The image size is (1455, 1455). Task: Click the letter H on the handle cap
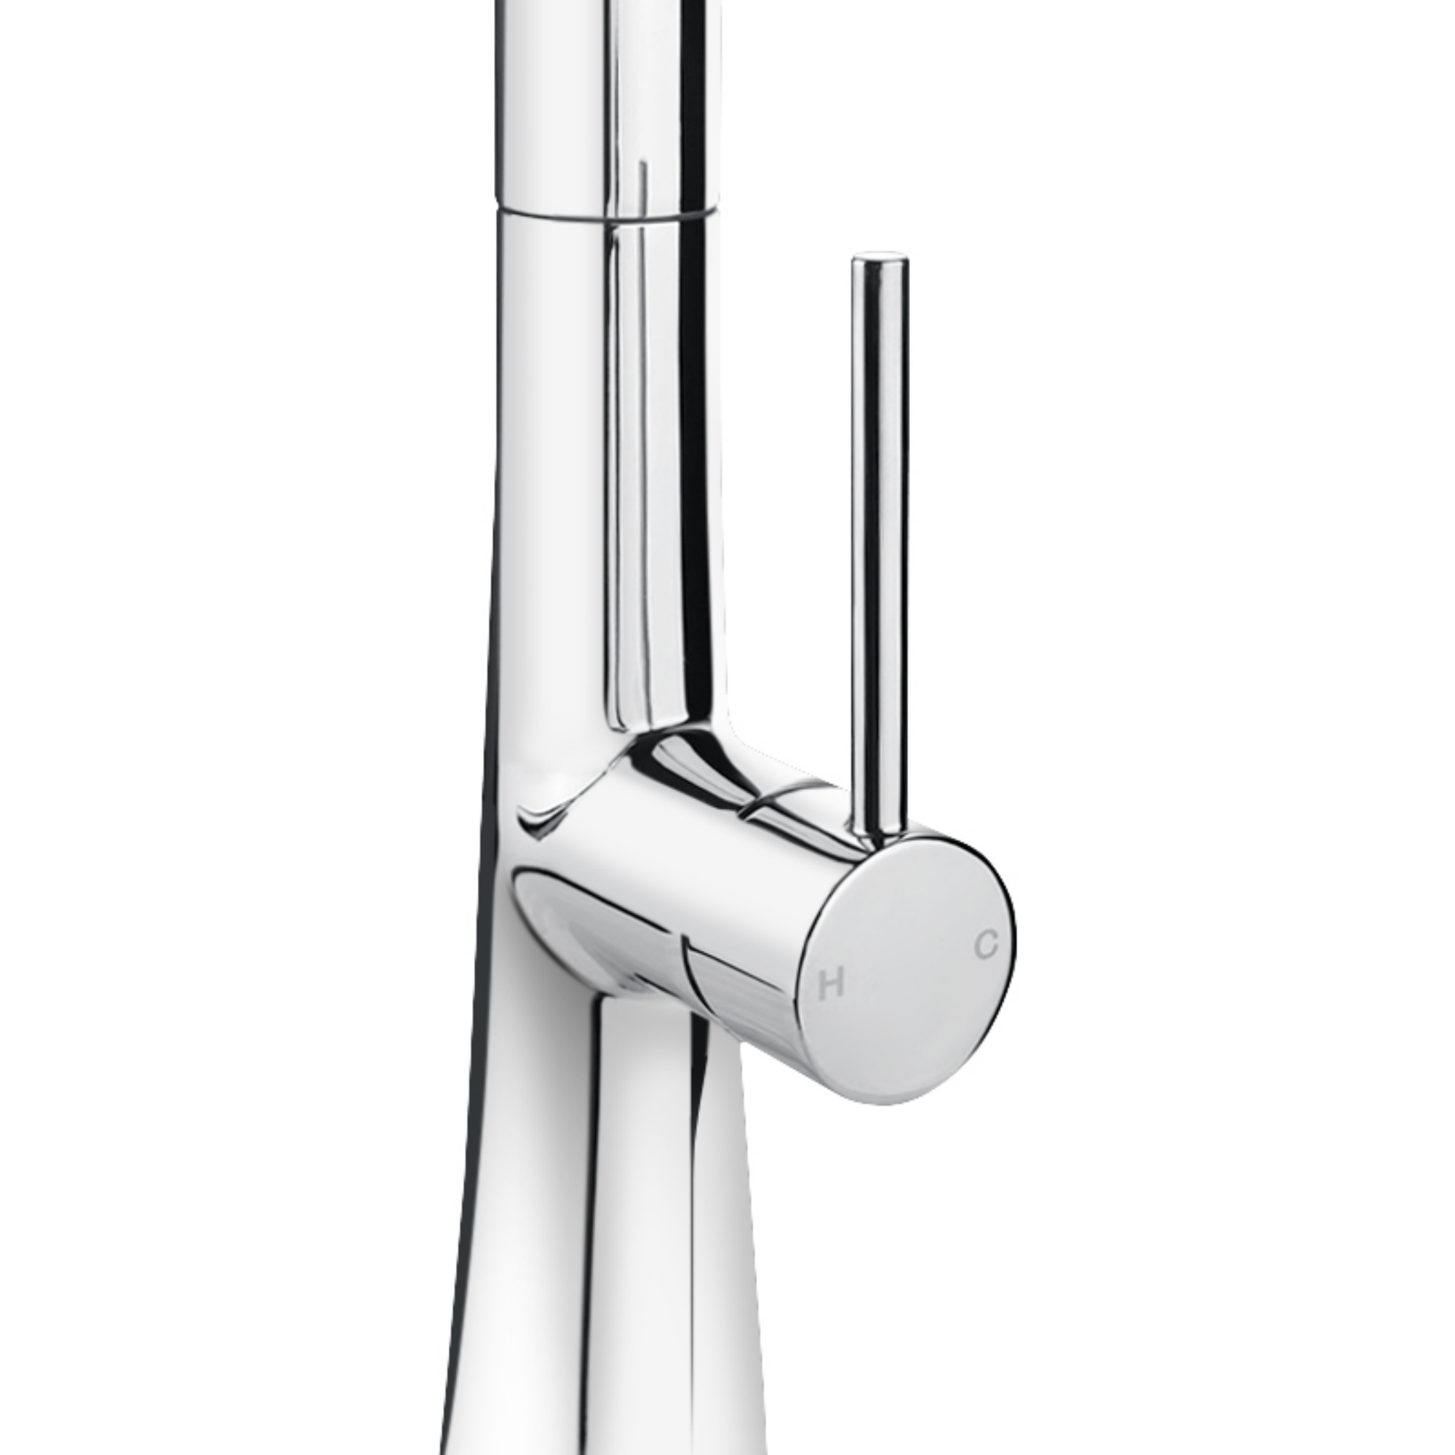tap(831, 984)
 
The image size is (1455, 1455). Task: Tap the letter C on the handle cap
tap(986, 944)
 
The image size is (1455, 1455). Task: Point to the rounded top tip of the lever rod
tap(879, 260)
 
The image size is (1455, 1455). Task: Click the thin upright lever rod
tap(879, 527)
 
